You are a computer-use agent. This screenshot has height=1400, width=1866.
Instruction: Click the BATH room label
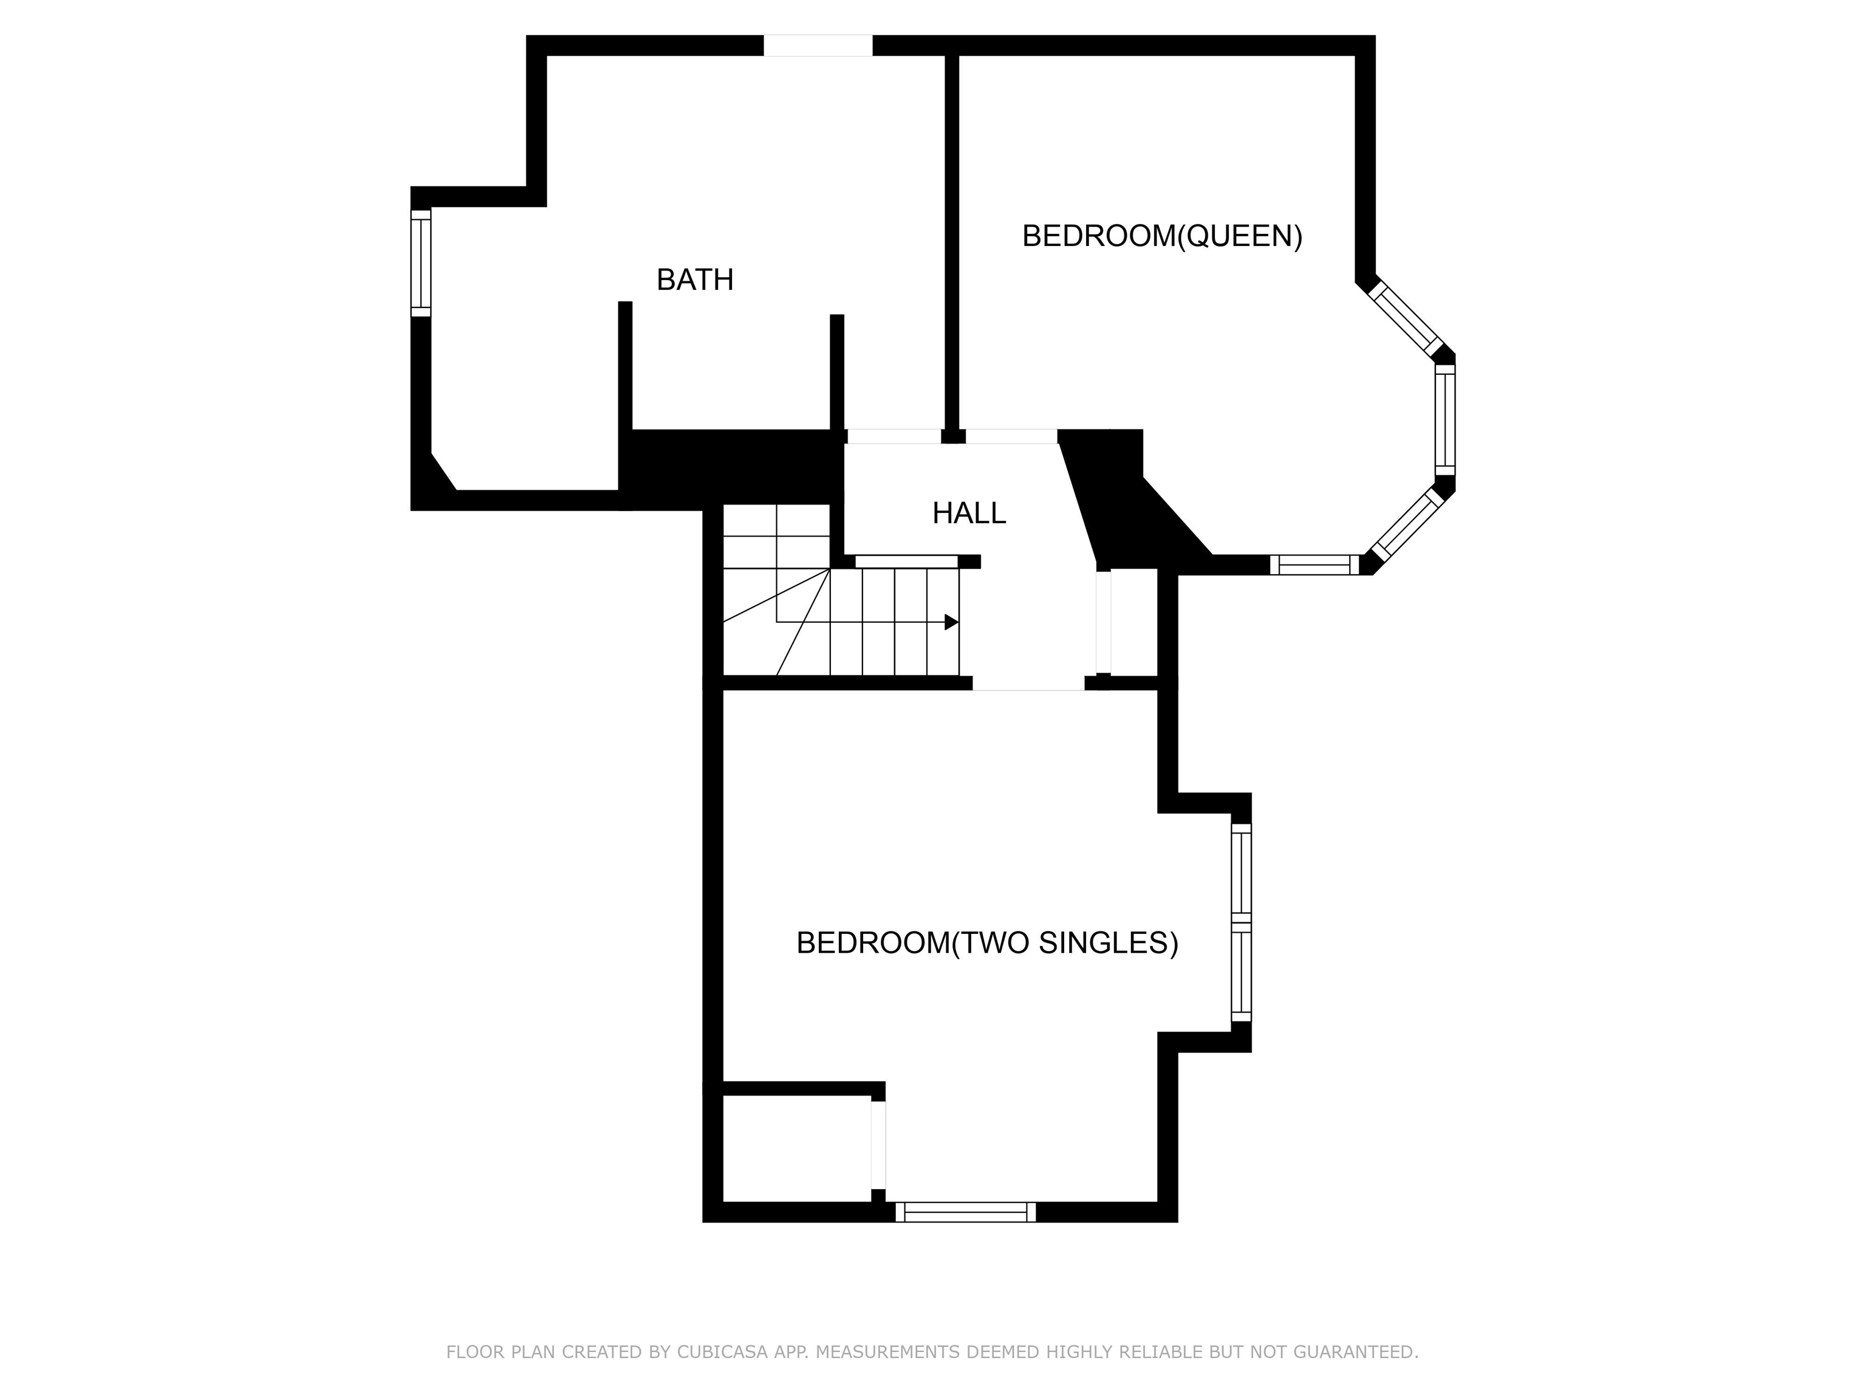[694, 280]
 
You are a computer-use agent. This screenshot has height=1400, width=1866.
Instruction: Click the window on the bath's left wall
[421, 263]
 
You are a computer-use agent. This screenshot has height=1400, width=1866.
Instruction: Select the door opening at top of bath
[818, 46]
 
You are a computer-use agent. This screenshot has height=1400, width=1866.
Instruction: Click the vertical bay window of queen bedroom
[1445, 419]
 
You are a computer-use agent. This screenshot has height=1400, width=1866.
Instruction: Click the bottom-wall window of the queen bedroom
[1314, 565]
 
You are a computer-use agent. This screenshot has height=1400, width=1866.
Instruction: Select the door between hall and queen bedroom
[1011, 436]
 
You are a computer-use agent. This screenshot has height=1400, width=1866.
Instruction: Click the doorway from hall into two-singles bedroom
[1028, 683]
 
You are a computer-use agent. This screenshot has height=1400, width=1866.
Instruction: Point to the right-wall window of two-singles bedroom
[1241, 922]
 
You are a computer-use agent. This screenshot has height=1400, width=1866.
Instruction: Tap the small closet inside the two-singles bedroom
[796, 1148]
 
